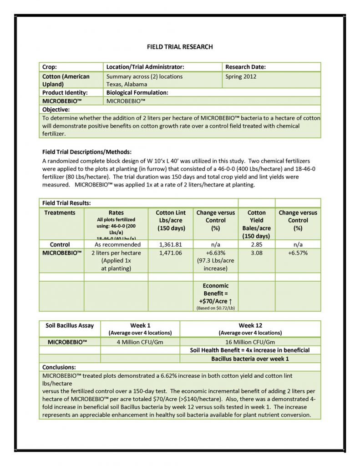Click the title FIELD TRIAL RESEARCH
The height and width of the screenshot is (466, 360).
(179, 47)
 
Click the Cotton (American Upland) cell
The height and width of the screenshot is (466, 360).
(66, 80)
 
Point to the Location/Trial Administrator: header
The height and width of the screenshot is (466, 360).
(145, 67)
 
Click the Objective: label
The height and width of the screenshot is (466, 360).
(56, 109)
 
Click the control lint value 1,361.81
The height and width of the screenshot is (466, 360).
(171, 244)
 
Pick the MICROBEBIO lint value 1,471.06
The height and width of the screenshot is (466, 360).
(171, 253)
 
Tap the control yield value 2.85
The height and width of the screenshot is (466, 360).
(257, 244)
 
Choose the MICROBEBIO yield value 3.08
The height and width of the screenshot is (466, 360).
(257, 253)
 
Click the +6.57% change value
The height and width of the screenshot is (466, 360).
(298, 253)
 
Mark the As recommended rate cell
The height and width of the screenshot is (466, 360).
(116, 244)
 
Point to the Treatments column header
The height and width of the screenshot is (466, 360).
(60, 213)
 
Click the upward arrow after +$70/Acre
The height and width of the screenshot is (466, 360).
(230, 301)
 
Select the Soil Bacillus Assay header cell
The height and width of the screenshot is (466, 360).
(70, 325)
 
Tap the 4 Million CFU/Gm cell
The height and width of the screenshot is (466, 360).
(140, 342)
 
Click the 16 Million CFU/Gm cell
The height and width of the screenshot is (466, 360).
(250, 342)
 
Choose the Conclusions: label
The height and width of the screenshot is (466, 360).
(59, 367)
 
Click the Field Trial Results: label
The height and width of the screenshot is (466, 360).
(66, 203)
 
